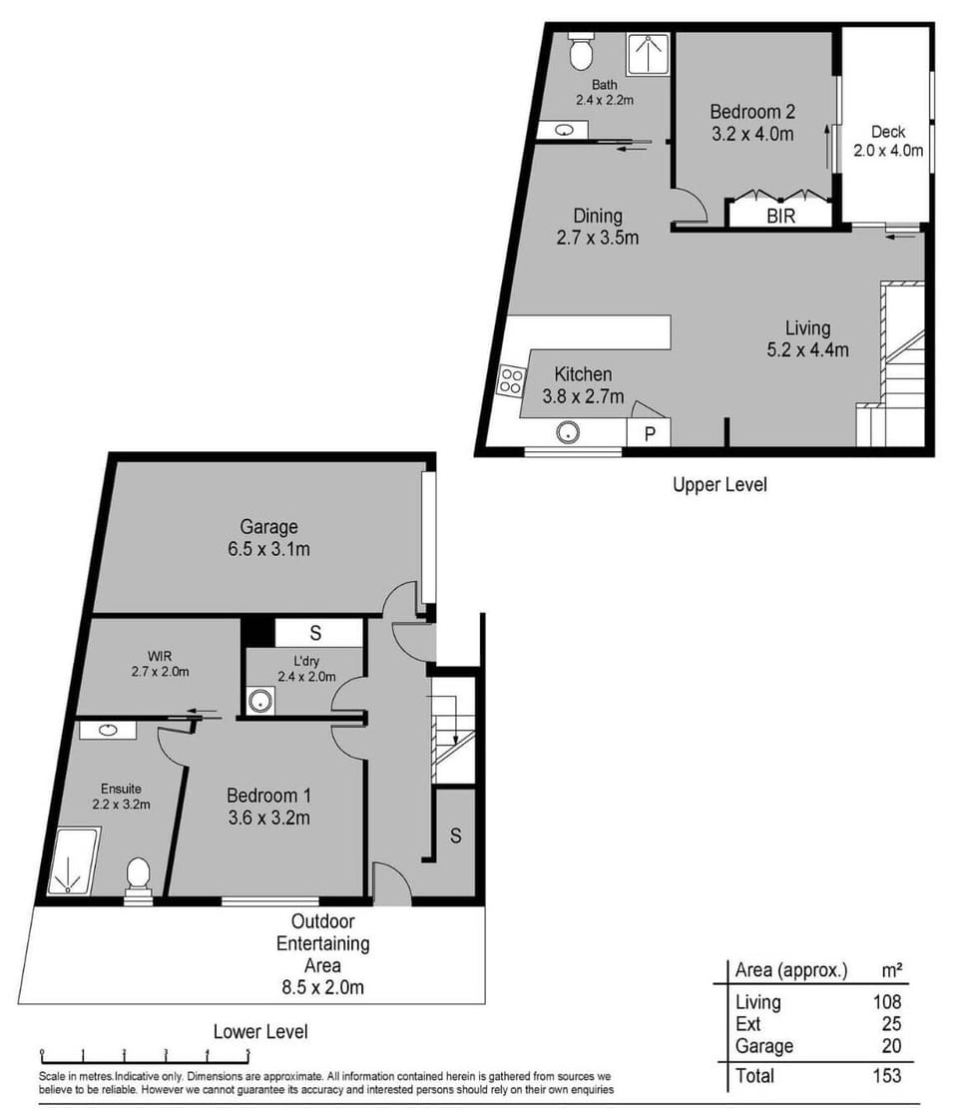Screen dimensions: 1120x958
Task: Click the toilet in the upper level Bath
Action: click(x=581, y=52)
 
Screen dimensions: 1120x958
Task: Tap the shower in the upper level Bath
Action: click(x=648, y=55)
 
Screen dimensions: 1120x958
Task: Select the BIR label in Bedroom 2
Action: click(x=780, y=215)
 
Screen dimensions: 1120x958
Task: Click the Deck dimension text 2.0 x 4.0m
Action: click(x=887, y=151)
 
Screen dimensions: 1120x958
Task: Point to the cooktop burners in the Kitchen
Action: click(x=511, y=380)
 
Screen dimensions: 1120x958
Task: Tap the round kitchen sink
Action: click(x=568, y=433)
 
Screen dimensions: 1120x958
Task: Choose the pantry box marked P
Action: click(x=649, y=433)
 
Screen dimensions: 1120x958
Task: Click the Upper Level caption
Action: click(x=718, y=485)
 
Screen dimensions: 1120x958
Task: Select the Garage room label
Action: click(x=268, y=527)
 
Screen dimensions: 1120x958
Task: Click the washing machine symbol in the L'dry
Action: click(x=260, y=700)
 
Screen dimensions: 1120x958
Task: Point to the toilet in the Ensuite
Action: click(x=138, y=876)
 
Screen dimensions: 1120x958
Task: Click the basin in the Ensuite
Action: click(x=108, y=730)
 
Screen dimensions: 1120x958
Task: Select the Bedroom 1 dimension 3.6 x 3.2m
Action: click(x=268, y=819)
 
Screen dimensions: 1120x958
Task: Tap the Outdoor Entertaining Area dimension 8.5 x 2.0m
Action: click(x=321, y=988)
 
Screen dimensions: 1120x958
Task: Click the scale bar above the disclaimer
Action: click(x=144, y=1054)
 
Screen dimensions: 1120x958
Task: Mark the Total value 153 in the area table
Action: click(x=885, y=1075)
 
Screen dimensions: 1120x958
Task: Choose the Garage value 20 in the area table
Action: click(x=890, y=1045)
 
